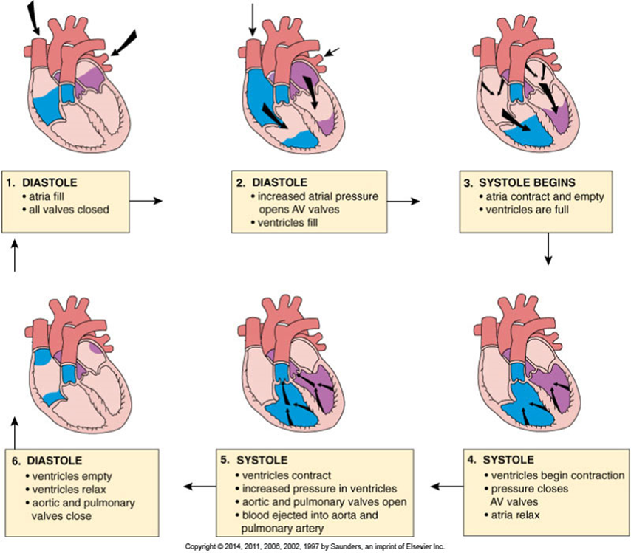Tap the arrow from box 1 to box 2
tap(145, 200)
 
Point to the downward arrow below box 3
tap(548, 250)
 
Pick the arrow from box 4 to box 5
tap(446, 486)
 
